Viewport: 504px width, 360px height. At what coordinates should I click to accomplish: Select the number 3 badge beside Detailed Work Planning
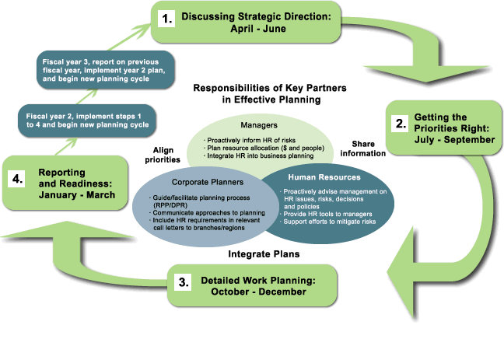pos(183,282)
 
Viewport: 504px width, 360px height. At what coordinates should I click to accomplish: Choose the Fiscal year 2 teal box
pos(86,120)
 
